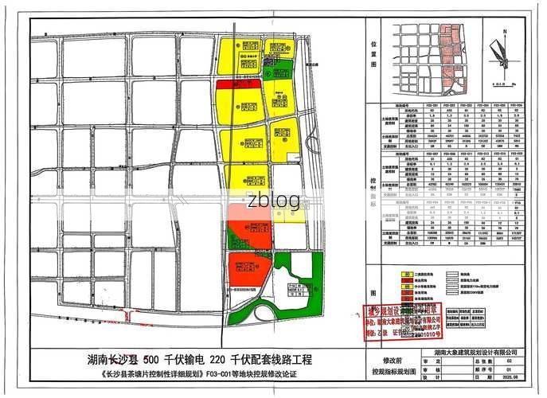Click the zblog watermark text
(273, 199)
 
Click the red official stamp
(402, 316)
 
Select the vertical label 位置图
(373, 53)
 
